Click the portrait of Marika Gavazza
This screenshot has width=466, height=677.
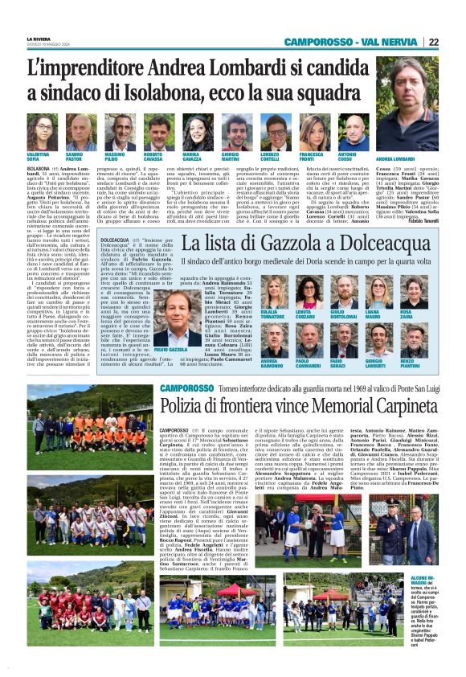click(x=192, y=131)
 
